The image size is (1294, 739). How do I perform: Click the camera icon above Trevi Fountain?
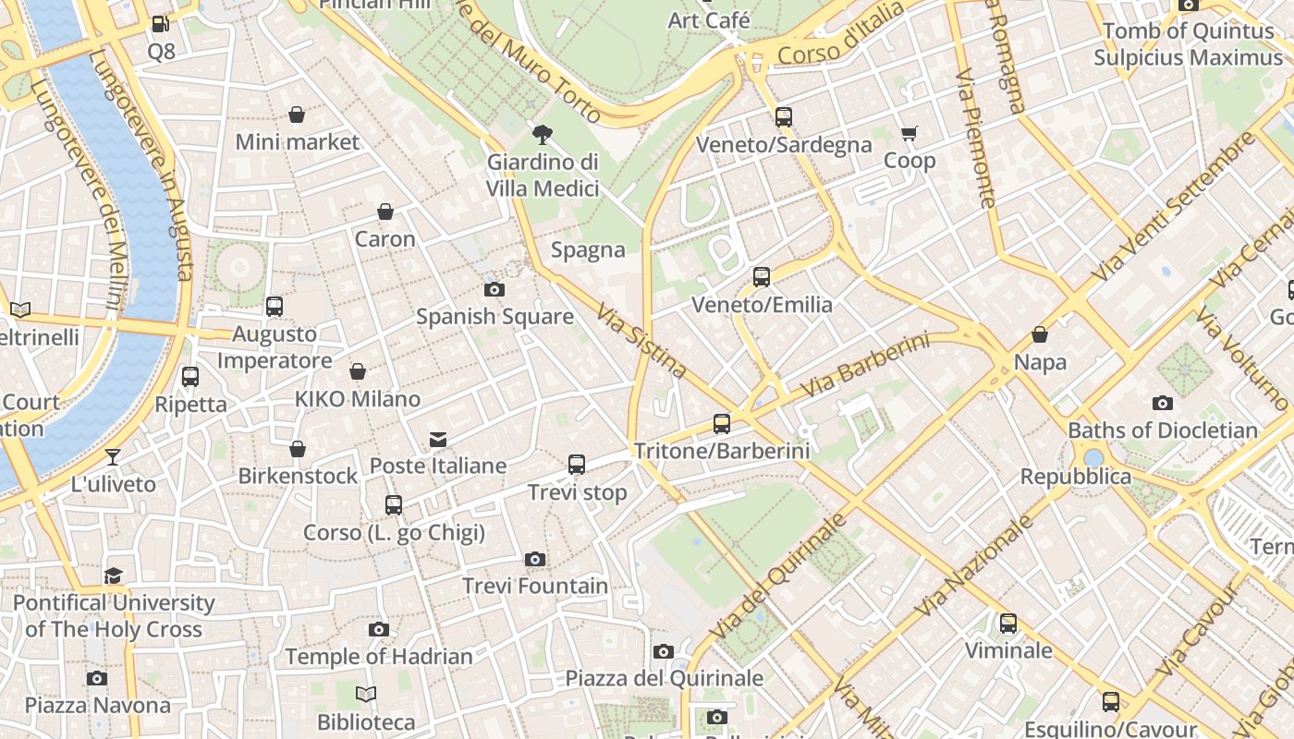(x=534, y=559)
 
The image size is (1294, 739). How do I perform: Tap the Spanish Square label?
(x=494, y=317)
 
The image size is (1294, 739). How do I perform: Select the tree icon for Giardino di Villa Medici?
(x=543, y=135)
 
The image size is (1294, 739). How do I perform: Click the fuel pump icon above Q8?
(x=161, y=24)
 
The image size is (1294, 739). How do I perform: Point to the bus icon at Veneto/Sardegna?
(x=784, y=117)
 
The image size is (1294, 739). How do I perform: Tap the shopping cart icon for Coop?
(x=909, y=134)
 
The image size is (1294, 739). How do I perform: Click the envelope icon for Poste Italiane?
(x=438, y=439)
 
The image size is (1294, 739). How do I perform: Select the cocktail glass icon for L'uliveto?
(x=113, y=456)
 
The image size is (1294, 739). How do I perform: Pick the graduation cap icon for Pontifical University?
(x=113, y=575)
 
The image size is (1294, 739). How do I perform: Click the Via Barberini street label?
(x=864, y=366)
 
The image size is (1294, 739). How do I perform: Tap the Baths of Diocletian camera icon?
(x=1163, y=403)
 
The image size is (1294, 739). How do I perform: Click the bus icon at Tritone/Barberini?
(x=722, y=424)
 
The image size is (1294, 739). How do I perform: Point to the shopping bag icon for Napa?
(x=1040, y=334)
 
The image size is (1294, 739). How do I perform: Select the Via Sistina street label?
(x=642, y=341)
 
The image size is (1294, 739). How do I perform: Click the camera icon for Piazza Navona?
(x=97, y=678)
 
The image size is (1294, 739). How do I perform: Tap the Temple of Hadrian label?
(x=378, y=657)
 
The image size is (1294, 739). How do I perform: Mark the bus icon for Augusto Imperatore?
(x=275, y=307)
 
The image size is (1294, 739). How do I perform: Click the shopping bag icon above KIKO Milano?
(x=358, y=371)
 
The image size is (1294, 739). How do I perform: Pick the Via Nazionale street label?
(x=974, y=565)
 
